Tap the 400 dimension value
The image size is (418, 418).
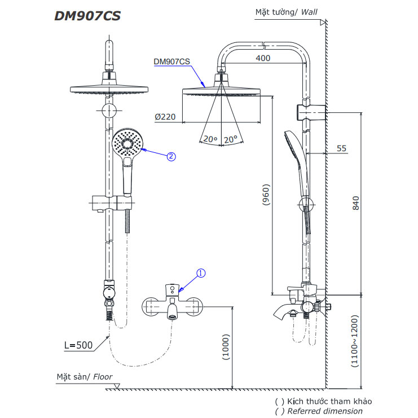(x=262, y=58)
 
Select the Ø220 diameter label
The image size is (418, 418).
(x=165, y=117)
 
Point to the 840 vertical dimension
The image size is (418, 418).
(x=355, y=204)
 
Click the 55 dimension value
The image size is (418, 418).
(x=341, y=148)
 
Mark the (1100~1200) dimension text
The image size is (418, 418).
(x=355, y=342)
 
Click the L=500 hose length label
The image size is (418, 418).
(x=77, y=345)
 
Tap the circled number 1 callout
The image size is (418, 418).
(x=201, y=273)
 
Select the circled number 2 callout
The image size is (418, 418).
(x=171, y=157)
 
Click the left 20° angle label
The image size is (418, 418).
(x=210, y=139)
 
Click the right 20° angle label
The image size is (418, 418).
(x=230, y=139)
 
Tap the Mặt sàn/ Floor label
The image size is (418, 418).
(x=84, y=376)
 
